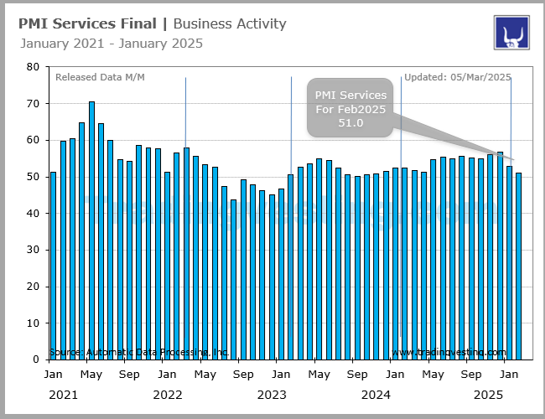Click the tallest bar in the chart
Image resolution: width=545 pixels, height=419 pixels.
click(x=91, y=230)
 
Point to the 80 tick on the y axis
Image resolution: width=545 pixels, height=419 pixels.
click(x=33, y=67)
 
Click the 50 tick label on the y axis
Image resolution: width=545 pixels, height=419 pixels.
click(x=33, y=177)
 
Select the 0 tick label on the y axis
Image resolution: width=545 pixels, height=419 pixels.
click(x=35, y=360)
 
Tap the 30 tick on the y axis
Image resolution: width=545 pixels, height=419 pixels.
click(x=33, y=250)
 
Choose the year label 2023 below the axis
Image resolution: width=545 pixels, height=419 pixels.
click(x=272, y=394)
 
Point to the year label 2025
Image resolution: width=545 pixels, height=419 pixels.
click(x=490, y=394)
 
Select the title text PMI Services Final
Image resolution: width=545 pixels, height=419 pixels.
click(x=87, y=23)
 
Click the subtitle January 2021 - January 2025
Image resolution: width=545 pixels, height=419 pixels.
click(x=111, y=44)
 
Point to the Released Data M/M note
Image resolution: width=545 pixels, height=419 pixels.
click(x=100, y=78)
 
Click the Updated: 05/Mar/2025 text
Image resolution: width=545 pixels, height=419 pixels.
click(x=458, y=78)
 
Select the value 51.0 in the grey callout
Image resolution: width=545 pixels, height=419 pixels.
click(x=350, y=123)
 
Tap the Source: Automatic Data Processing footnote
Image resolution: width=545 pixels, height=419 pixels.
click(x=139, y=353)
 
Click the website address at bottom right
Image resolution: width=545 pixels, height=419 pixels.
click(x=449, y=353)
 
